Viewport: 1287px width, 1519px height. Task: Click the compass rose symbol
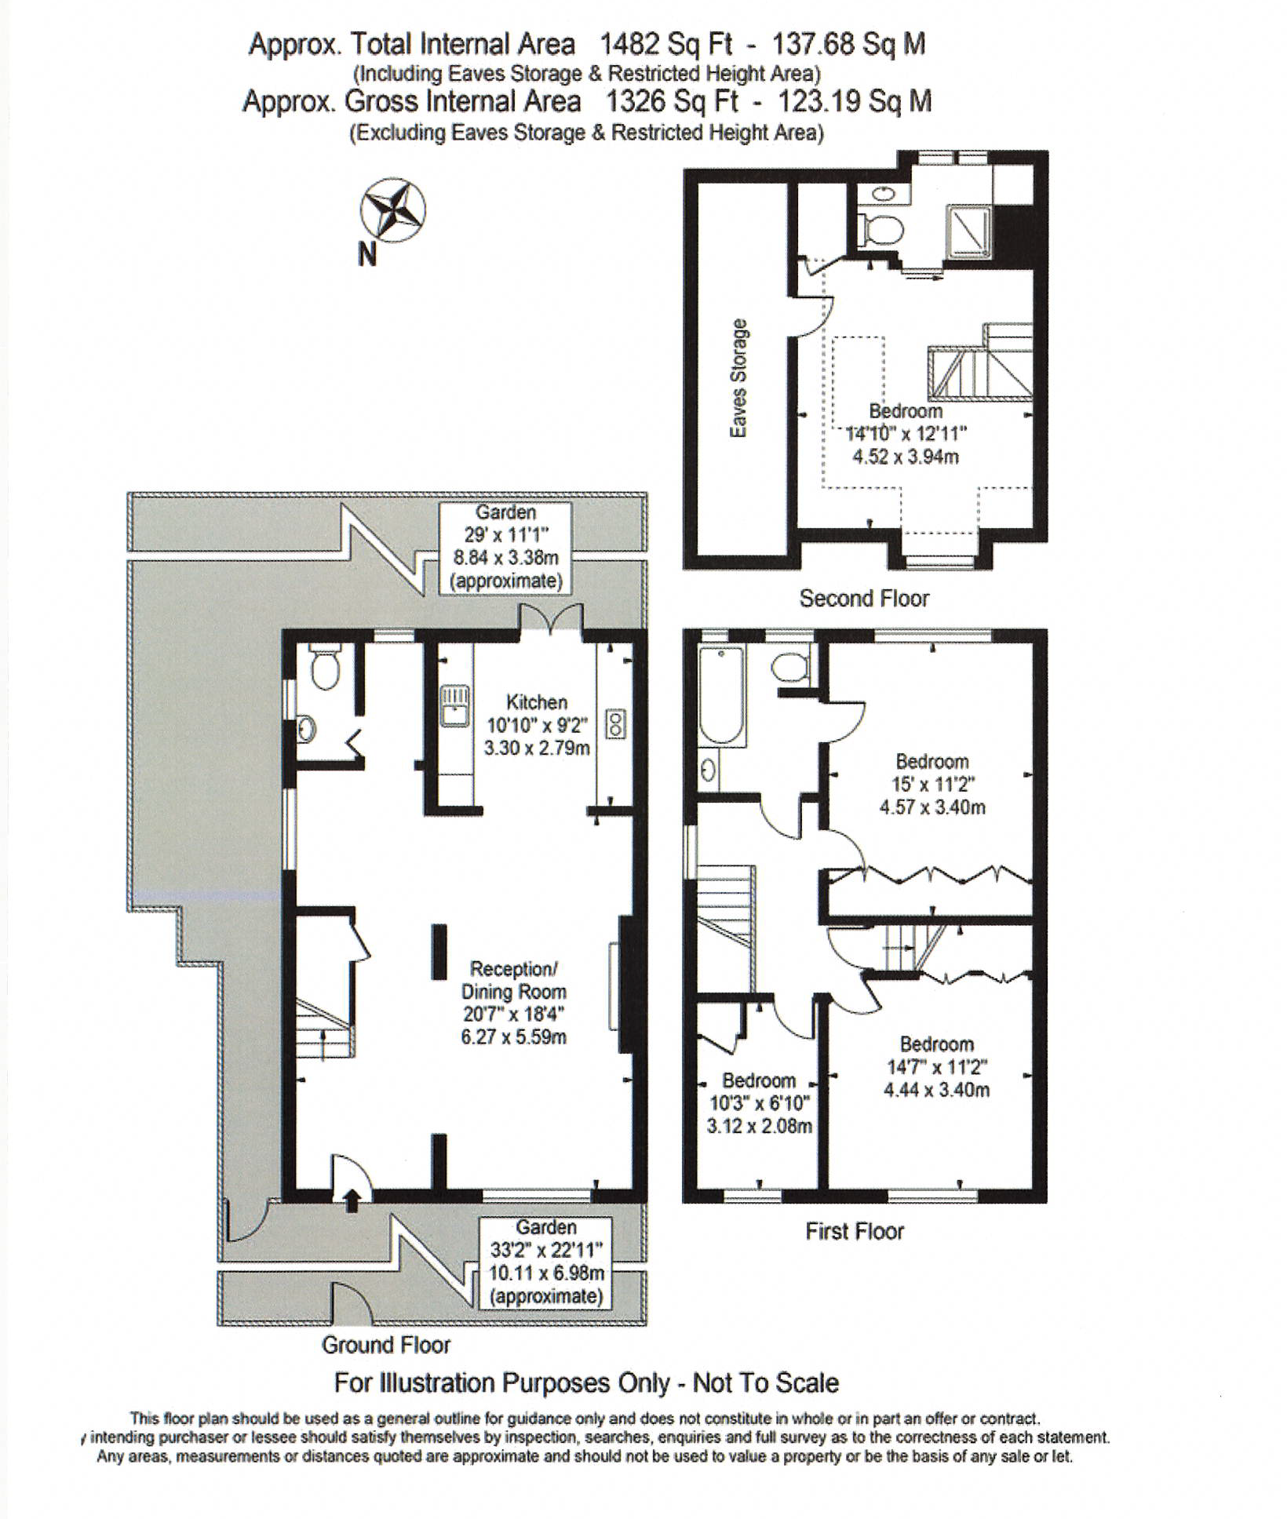[x=392, y=210]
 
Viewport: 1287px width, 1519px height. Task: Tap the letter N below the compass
[x=367, y=254]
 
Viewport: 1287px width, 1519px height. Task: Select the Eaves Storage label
[x=738, y=378]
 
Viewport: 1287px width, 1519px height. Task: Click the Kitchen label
[x=536, y=702]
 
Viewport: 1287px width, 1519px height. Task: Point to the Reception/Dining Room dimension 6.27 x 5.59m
[x=513, y=1036]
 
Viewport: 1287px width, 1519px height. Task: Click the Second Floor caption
[x=863, y=599]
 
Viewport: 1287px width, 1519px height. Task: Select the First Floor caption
[x=854, y=1231]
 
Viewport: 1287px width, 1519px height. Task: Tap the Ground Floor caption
[x=386, y=1345]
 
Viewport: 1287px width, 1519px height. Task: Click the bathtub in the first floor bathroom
[x=721, y=695]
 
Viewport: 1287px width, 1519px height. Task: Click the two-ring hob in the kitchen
[x=616, y=724]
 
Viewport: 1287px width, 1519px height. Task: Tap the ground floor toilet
[x=324, y=668]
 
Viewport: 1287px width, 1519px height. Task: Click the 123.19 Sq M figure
[x=854, y=101]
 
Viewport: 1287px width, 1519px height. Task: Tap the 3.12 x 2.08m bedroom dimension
[x=759, y=1126]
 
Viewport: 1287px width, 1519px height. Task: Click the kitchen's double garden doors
[x=551, y=619]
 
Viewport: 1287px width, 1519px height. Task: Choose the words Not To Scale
[x=765, y=1382]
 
